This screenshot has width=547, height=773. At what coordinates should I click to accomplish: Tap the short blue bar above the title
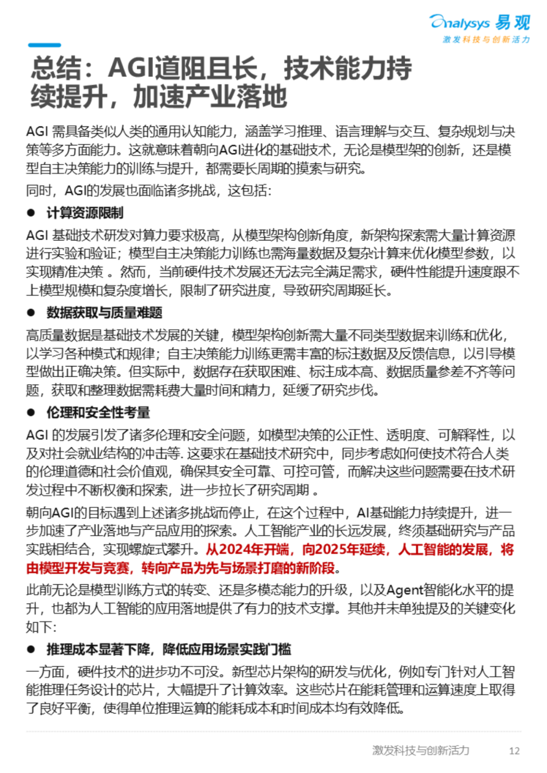(x=45, y=45)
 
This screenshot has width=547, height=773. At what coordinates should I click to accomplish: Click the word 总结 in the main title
(x=56, y=68)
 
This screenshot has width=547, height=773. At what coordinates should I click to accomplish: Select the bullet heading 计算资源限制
(x=85, y=213)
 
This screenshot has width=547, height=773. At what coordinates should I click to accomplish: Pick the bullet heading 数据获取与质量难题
(x=104, y=313)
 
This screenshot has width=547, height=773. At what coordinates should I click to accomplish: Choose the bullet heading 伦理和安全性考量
(x=98, y=413)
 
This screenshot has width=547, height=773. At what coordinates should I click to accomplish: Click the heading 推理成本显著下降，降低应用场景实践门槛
(x=169, y=649)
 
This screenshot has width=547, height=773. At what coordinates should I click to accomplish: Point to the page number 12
(x=514, y=751)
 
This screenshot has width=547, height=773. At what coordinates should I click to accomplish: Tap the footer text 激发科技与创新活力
(x=420, y=750)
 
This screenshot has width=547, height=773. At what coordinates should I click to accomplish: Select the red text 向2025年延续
(x=344, y=550)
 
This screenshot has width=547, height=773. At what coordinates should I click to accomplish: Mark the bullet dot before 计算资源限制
(x=31, y=213)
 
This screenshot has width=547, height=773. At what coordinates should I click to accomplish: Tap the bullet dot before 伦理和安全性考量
(x=31, y=413)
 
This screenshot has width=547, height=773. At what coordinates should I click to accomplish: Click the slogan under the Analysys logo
(x=486, y=39)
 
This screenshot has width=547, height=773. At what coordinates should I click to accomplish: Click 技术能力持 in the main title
(x=347, y=68)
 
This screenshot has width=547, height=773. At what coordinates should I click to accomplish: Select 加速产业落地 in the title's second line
(x=210, y=97)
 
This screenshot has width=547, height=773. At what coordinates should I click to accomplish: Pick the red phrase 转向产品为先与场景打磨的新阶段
(x=238, y=568)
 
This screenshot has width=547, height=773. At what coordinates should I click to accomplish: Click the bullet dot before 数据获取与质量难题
(x=31, y=313)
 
